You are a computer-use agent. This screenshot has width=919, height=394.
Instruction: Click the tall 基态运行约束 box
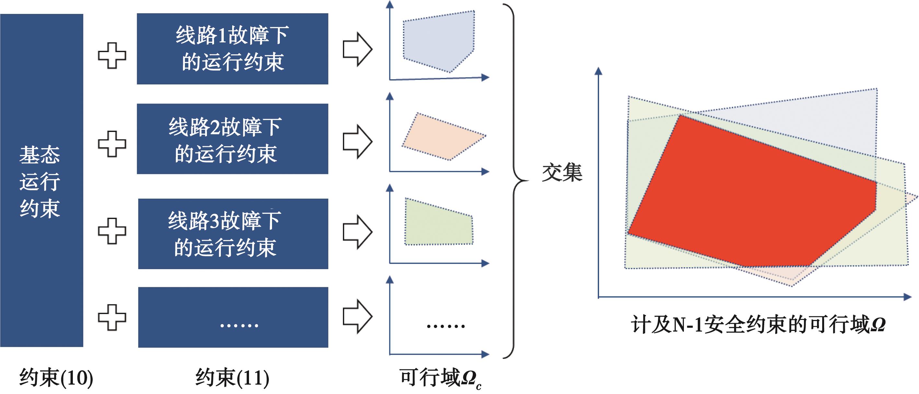41,180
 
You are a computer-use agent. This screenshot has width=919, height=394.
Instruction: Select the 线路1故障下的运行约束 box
232,49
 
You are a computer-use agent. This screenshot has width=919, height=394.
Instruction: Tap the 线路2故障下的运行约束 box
232,139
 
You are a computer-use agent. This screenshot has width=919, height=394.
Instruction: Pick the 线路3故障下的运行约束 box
233,234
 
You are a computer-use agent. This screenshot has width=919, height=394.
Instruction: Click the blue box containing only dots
233,317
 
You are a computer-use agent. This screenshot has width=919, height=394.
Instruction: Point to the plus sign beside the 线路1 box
112,56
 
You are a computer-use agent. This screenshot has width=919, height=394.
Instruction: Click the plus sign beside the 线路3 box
112,231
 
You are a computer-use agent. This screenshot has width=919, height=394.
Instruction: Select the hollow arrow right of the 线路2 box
357,141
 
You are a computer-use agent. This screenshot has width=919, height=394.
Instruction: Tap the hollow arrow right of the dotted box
357,316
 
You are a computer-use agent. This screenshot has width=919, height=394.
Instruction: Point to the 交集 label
562,173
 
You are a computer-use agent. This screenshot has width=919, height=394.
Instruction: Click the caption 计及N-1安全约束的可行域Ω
758,324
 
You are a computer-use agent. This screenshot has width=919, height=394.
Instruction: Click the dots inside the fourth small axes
446,326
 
